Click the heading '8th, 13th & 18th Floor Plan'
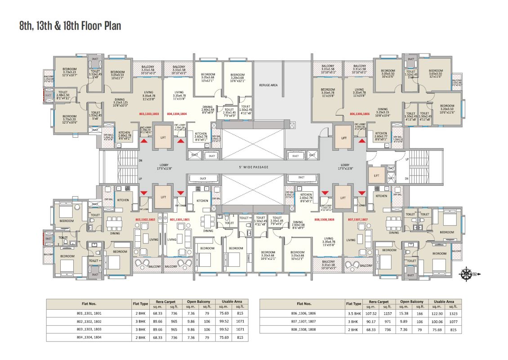click(x=70, y=26)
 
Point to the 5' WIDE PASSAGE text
click(x=254, y=167)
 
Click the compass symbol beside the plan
click(x=466, y=272)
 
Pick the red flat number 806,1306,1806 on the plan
click(x=359, y=114)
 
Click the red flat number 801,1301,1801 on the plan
click(x=180, y=219)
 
